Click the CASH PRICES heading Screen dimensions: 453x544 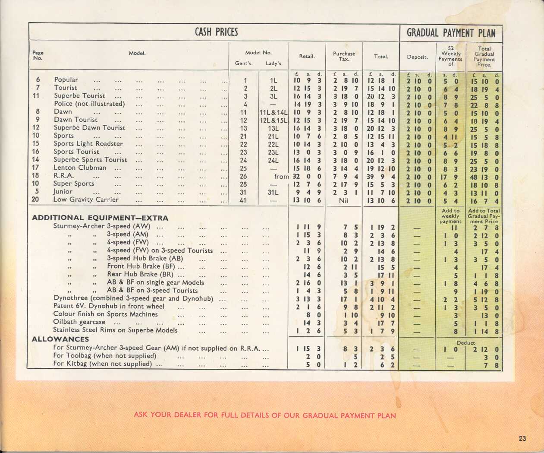point(216,32)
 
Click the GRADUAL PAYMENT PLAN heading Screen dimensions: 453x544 point(451,33)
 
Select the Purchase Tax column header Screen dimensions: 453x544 point(344,57)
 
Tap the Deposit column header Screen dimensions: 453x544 point(417,57)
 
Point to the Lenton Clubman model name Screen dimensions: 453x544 point(80,168)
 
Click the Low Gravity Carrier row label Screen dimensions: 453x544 point(85,200)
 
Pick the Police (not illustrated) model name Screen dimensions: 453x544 point(89,104)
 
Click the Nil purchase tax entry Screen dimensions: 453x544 point(343,200)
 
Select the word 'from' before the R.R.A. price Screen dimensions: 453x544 point(281,176)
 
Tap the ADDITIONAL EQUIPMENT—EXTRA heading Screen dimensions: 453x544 point(100,218)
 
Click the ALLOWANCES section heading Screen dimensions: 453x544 point(60,339)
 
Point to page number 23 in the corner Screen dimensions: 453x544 point(522,438)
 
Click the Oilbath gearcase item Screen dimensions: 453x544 point(79,322)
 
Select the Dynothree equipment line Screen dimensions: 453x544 point(133,298)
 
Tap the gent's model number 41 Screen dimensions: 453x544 point(243,200)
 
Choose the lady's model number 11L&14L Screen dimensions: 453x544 point(274,112)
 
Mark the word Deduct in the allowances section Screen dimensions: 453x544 point(465,342)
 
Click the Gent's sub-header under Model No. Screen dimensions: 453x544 point(243,63)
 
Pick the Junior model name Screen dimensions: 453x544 point(63,191)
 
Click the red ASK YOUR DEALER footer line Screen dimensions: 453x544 point(264,415)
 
